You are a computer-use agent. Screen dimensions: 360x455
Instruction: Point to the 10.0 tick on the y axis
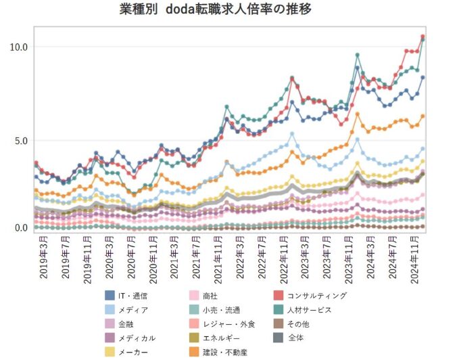point(18,47)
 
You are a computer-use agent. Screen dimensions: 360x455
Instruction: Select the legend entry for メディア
point(133,310)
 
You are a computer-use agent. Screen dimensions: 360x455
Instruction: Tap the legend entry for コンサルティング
point(316,296)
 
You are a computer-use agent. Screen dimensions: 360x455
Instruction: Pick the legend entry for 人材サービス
point(310,310)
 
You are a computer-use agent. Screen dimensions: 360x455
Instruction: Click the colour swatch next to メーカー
point(110,352)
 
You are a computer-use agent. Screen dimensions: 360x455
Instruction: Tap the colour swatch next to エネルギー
point(194,338)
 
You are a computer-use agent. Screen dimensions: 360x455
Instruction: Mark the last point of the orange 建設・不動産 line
point(423,116)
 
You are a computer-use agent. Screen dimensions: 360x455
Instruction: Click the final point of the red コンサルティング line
point(423,37)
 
